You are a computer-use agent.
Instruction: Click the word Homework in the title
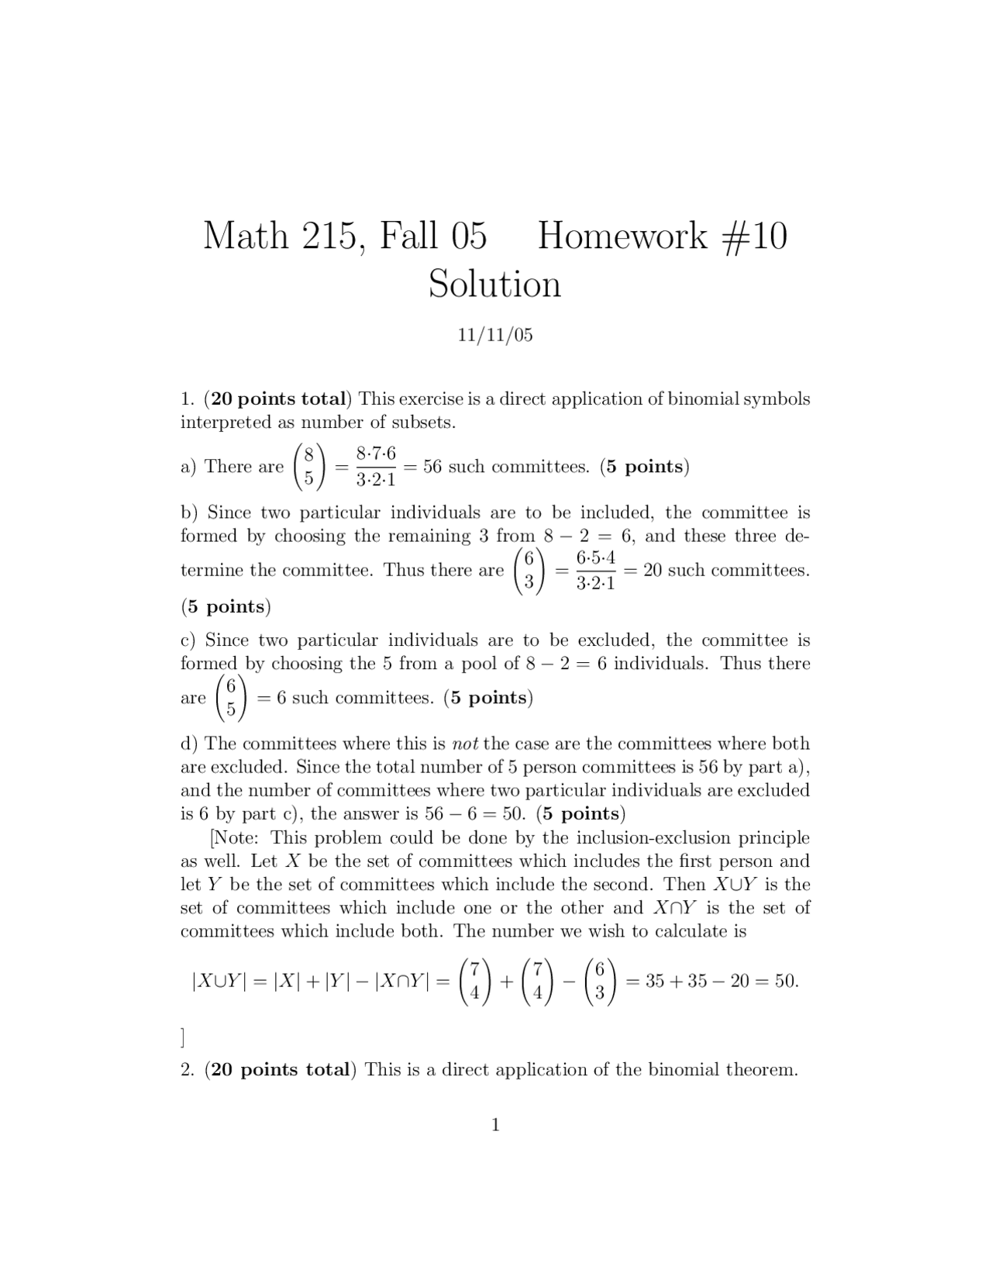pyautogui.click(x=622, y=236)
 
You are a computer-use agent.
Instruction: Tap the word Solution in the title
pyautogui.click(x=494, y=284)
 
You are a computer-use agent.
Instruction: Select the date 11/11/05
pyautogui.click(x=494, y=335)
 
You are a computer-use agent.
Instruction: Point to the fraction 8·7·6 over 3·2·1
pyautogui.click(x=376, y=467)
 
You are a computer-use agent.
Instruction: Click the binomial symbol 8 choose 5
pyautogui.click(x=308, y=467)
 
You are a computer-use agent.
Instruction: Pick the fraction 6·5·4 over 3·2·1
pyautogui.click(x=596, y=571)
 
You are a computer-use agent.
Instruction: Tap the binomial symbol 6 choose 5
pyautogui.click(x=231, y=698)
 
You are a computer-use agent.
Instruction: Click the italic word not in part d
pyautogui.click(x=466, y=744)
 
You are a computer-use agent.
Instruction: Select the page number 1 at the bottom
pyautogui.click(x=495, y=1125)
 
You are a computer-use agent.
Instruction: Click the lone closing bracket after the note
pyautogui.click(x=183, y=1037)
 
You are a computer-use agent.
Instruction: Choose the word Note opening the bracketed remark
pyautogui.click(x=239, y=838)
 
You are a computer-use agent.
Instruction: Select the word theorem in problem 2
pyautogui.click(x=761, y=1070)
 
